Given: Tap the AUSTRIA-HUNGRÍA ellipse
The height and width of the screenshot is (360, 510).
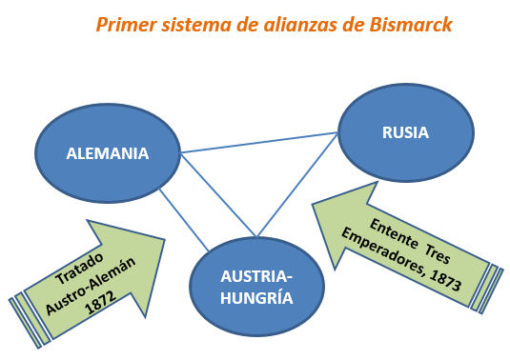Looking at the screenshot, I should (255, 287).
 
